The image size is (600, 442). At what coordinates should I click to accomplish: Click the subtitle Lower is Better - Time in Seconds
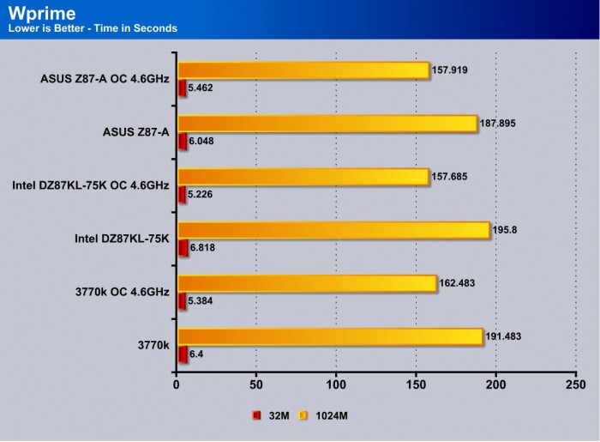click(x=92, y=28)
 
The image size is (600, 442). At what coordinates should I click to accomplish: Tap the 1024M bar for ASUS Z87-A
click(x=327, y=124)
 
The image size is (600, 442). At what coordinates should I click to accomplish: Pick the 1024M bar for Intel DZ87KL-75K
click(x=333, y=230)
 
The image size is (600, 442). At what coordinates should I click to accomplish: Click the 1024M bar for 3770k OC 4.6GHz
click(x=307, y=283)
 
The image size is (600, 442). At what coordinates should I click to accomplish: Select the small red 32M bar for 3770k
click(x=182, y=353)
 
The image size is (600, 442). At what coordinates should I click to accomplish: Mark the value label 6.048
click(x=202, y=141)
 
